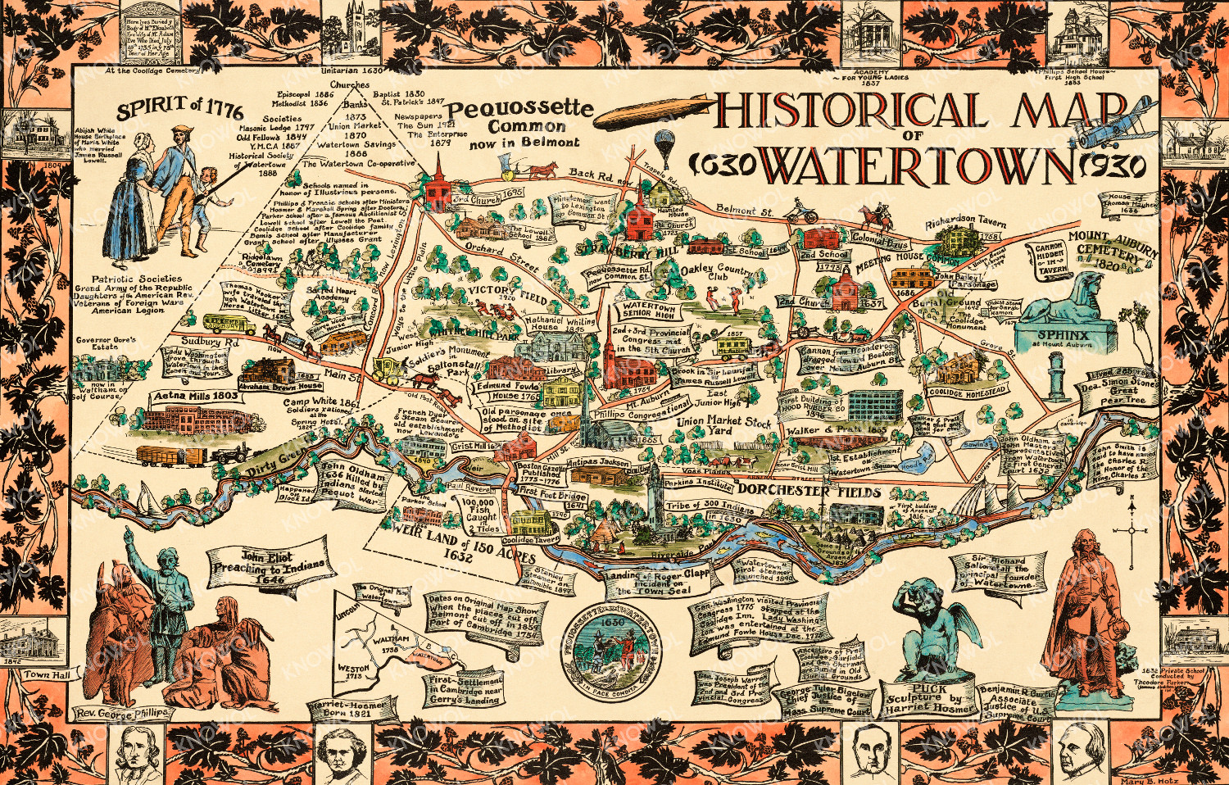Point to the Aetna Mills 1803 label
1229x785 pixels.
pos(195,396)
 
